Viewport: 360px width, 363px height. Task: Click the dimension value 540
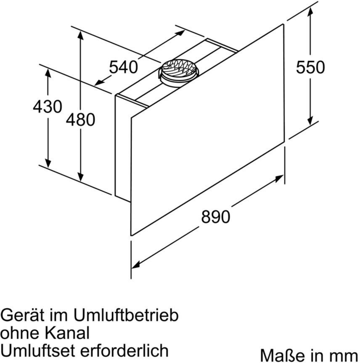point(123,67)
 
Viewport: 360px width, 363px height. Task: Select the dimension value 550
point(310,67)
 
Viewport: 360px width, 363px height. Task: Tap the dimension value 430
point(48,106)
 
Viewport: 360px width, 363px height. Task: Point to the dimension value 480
point(80,119)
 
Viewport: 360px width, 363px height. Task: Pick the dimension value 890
point(216,216)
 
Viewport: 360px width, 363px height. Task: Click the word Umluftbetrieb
point(126,315)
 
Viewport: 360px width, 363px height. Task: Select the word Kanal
point(67,333)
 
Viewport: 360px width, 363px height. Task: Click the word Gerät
point(22,315)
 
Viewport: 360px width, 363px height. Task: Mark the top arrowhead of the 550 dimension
point(310,11)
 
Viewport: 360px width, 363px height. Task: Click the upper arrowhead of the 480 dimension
point(80,35)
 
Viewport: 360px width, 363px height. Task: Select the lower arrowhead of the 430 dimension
point(48,163)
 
